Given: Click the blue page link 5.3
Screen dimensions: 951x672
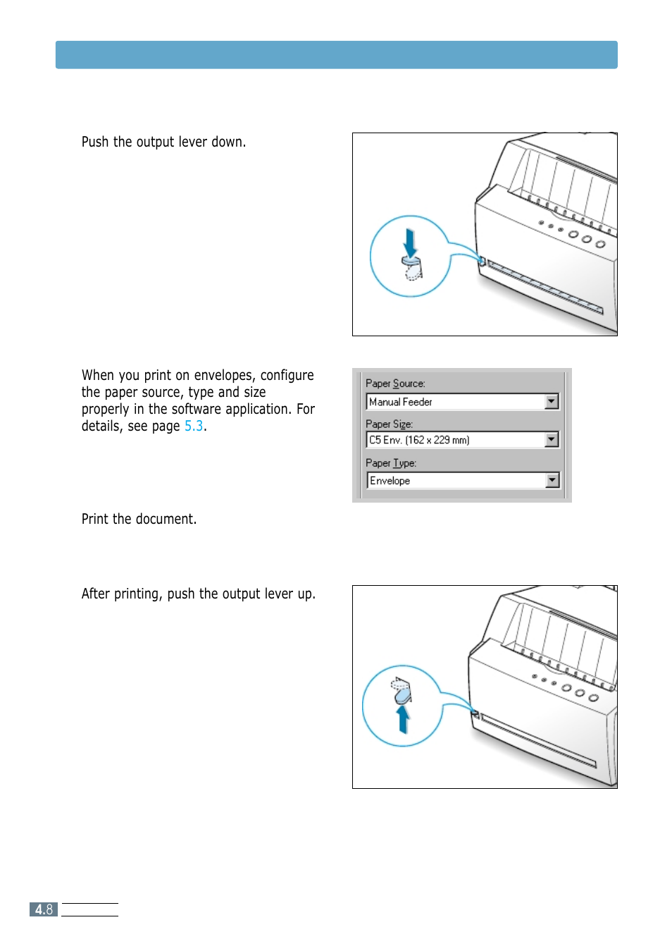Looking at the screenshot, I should click(194, 426).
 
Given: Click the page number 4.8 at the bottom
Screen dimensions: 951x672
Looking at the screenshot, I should click(44, 909).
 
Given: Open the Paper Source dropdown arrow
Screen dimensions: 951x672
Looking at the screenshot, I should click(552, 402).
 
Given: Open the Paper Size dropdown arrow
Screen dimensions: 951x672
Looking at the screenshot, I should click(552, 440).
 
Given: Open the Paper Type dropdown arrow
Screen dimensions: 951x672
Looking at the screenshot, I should click(552, 480).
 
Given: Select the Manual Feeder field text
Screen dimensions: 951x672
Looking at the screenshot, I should click(401, 402).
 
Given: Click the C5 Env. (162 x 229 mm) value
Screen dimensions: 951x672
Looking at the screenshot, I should click(419, 440).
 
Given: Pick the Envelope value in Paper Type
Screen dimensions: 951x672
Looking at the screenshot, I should click(390, 481).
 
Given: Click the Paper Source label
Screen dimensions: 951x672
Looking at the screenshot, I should click(395, 384).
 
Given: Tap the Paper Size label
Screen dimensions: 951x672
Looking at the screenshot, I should click(389, 424).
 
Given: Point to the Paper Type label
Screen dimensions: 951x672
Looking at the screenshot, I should click(391, 463).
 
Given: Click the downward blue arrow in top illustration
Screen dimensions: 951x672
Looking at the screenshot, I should click(410, 243).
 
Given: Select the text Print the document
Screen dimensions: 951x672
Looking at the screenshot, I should click(139, 519).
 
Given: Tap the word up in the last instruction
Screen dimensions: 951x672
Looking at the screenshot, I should click(305, 594).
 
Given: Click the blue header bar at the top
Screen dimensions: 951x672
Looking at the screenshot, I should click(336, 54).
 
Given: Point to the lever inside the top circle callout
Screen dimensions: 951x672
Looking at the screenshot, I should click(412, 266).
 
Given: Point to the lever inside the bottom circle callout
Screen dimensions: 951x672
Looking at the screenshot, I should click(402, 692).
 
